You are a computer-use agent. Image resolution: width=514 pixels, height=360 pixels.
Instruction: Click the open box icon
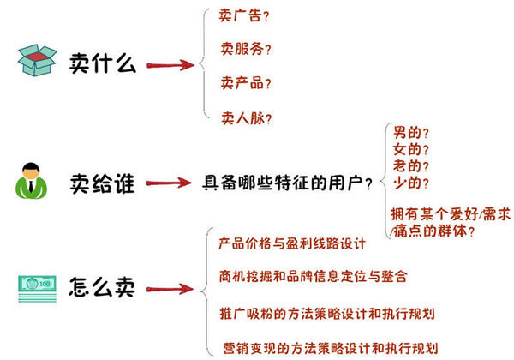click(37, 60)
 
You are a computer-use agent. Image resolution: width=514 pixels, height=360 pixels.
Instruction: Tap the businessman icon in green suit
click(31, 181)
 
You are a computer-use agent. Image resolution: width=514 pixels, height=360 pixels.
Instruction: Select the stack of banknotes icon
click(37, 289)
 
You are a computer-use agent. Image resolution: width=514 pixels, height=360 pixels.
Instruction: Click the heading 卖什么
click(102, 63)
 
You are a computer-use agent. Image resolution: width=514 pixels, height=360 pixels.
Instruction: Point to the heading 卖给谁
click(102, 183)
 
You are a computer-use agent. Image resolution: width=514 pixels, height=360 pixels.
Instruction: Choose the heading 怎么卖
click(102, 287)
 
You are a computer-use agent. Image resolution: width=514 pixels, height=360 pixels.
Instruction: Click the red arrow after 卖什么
click(170, 65)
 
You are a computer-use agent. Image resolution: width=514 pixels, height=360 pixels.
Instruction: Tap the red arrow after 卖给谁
click(169, 183)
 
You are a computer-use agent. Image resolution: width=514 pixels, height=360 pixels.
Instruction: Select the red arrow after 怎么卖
click(170, 289)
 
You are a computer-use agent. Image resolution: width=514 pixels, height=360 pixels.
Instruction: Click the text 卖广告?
click(244, 15)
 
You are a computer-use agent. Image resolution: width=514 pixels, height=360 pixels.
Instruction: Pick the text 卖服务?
click(246, 49)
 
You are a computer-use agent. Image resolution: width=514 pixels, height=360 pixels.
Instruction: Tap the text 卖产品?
click(246, 83)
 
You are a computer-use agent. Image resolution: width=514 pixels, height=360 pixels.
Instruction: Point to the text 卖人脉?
click(246, 118)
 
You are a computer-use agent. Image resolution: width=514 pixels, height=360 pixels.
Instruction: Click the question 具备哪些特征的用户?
click(288, 183)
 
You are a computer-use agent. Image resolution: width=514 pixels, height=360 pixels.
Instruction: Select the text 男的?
click(411, 133)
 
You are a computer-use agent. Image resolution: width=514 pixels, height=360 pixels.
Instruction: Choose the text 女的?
click(411, 149)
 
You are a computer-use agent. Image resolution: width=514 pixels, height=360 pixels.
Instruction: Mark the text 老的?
click(411, 166)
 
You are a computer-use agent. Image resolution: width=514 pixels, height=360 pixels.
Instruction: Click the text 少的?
click(411, 183)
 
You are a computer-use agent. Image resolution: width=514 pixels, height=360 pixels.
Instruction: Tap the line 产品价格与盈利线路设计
click(292, 243)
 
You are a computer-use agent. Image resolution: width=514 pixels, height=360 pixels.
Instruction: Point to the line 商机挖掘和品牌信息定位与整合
click(314, 276)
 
